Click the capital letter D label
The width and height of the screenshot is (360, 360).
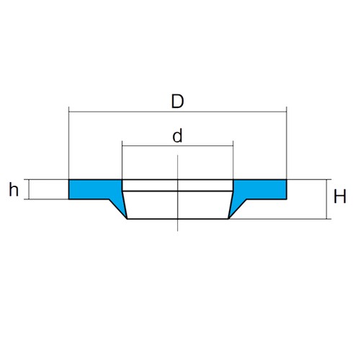pyautogui.click(x=178, y=101)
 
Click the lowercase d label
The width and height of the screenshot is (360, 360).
pyautogui.click(x=177, y=135)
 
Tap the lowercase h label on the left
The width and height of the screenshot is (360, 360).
pyautogui.click(x=14, y=189)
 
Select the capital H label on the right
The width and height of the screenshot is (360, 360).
pyautogui.click(x=340, y=197)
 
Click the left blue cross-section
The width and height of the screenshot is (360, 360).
pyautogui.click(x=96, y=189)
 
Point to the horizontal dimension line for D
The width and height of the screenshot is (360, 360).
pyautogui.click(x=178, y=112)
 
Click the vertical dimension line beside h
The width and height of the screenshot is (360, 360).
pyautogui.click(x=29, y=189)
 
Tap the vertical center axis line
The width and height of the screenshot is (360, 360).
pyautogui.click(x=178, y=193)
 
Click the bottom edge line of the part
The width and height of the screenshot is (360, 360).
pyautogui.click(x=178, y=219)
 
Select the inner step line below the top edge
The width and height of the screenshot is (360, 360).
pyautogui.click(x=178, y=192)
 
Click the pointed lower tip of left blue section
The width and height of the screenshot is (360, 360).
pyautogui.click(x=127, y=219)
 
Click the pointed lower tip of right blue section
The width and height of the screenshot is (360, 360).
pyautogui.click(x=228, y=219)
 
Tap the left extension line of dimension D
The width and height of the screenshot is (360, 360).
pyautogui.click(x=69, y=143)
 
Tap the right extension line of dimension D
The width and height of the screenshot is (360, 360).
pyautogui.click(x=287, y=143)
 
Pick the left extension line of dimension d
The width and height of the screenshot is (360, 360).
pyautogui.click(x=122, y=160)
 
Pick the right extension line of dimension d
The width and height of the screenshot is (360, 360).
pyautogui.click(x=233, y=160)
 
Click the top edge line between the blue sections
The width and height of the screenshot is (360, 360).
pyautogui.click(x=178, y=179)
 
